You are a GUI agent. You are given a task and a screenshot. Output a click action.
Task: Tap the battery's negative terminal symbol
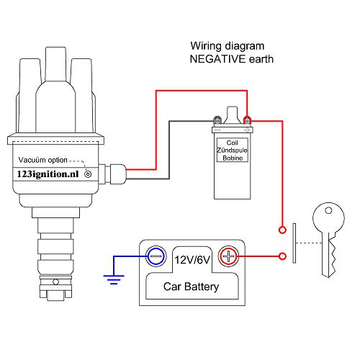point(156,256)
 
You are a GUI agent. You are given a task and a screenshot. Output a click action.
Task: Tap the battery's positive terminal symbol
point(228,256)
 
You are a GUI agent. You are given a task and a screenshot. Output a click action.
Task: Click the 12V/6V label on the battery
point(192,257)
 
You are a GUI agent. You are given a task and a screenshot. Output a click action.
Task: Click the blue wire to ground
point(130,256)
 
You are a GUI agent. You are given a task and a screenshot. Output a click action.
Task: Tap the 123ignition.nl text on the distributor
point(48,174)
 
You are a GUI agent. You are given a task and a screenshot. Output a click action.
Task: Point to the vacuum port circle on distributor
point(88,174)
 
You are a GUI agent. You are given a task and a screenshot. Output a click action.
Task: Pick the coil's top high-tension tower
point(233,114)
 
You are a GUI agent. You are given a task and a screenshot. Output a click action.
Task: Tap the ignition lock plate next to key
point(294,243)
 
